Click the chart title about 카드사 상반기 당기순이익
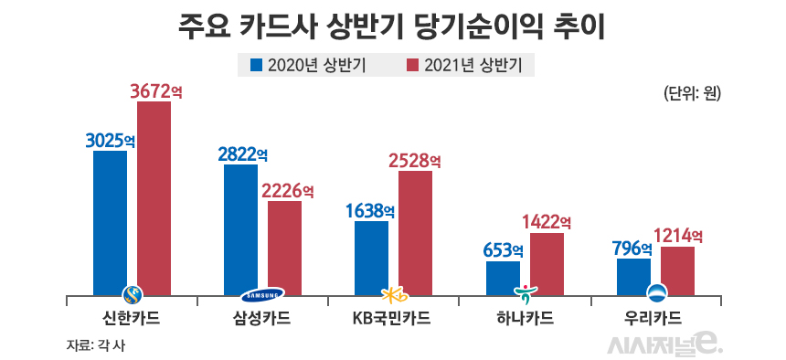(393, 26)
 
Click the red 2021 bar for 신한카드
(154, 197)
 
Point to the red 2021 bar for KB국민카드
(415, 232)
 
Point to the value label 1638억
(370, 210)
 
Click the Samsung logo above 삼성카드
(263, 294)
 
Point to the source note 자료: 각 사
(95, 344)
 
